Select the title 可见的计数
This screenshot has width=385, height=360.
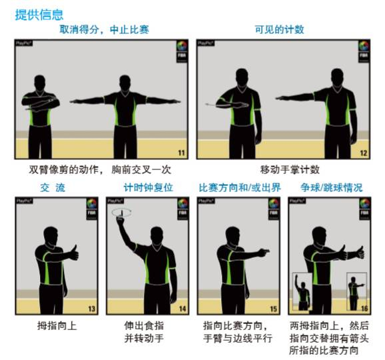tap(279, 30)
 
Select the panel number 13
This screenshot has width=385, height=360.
tap(91, 309)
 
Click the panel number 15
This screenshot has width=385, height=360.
tap(273, 309)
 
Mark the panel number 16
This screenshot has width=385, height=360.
tap(364, 309)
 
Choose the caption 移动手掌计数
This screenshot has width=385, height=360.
tap(280, 170)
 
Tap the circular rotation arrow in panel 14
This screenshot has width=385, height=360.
tap(121, 213)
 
